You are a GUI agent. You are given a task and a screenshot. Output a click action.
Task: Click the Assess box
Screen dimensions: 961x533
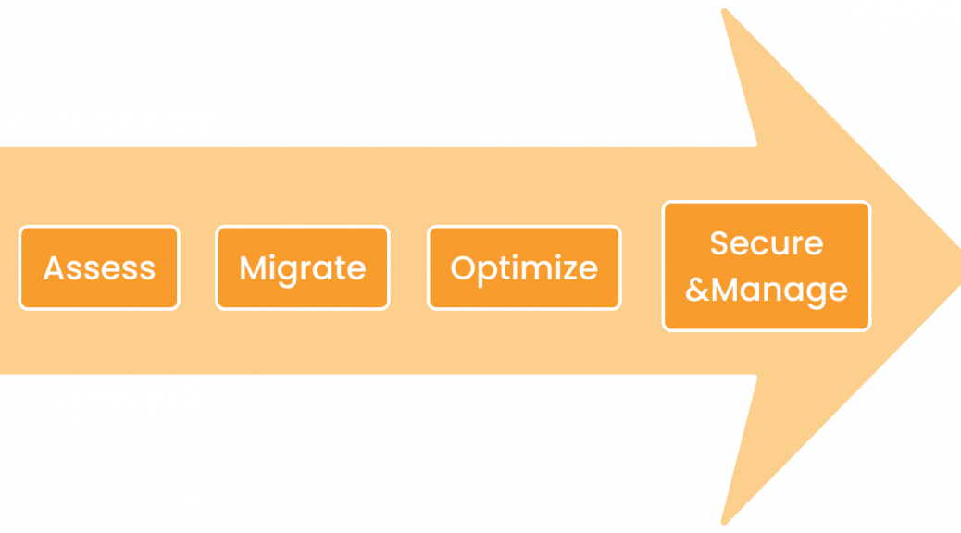click(x=99, y=267)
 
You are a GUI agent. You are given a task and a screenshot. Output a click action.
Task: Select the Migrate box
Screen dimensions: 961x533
click(x=303, y=267)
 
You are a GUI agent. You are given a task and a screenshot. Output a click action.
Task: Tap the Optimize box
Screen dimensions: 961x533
click(x=524, y=267)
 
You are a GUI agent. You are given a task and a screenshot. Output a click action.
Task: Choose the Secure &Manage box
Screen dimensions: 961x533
click(x=767, y=266)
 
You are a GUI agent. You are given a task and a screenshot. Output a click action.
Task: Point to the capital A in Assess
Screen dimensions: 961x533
click(x=54, y=267)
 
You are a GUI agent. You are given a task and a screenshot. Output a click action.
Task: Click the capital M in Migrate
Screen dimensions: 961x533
click(x=253, y=267)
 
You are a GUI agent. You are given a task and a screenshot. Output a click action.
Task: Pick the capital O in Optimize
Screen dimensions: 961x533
click(x=464, y=267)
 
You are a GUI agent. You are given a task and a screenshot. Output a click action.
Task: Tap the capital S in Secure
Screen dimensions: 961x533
click(x=720, y=242)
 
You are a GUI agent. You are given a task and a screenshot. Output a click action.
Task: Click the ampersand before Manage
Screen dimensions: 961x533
click(x=697, y=290)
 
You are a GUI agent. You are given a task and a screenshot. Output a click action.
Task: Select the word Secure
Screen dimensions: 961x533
click(x=767, y=242)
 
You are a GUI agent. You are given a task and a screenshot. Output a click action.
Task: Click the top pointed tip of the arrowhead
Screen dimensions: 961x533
click(x=724, y=10)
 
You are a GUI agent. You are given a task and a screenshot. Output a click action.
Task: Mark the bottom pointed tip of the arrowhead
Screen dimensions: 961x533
click(x=724, y=522)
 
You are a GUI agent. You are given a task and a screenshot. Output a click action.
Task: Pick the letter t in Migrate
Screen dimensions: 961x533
click(x=338, y=269)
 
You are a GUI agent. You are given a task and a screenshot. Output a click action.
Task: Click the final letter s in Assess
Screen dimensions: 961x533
click(x=147, y=271)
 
